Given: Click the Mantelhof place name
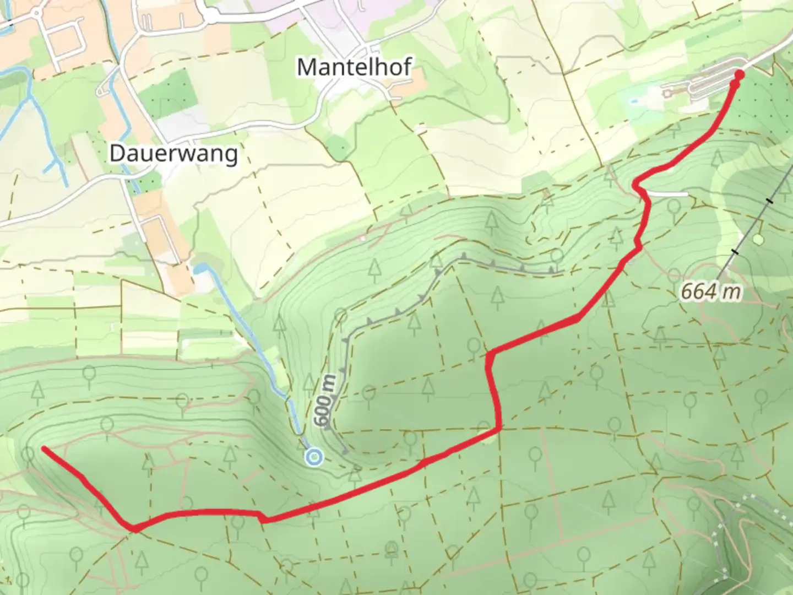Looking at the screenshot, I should [354, 67].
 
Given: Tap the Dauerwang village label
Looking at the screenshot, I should [173, 153].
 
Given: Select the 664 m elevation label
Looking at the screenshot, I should [710, 291].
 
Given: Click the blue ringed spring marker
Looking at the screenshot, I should [314, 457].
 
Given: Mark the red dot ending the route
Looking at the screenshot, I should [739, 75].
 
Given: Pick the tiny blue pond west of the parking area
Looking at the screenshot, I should [633, 101].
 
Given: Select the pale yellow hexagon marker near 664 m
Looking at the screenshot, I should [758, 239].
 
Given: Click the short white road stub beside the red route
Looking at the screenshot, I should [669, 194].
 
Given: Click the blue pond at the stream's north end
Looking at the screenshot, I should [200, 269].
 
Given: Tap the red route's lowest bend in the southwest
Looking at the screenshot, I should [134, 529].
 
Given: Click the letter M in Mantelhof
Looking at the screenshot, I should [307, 67].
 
